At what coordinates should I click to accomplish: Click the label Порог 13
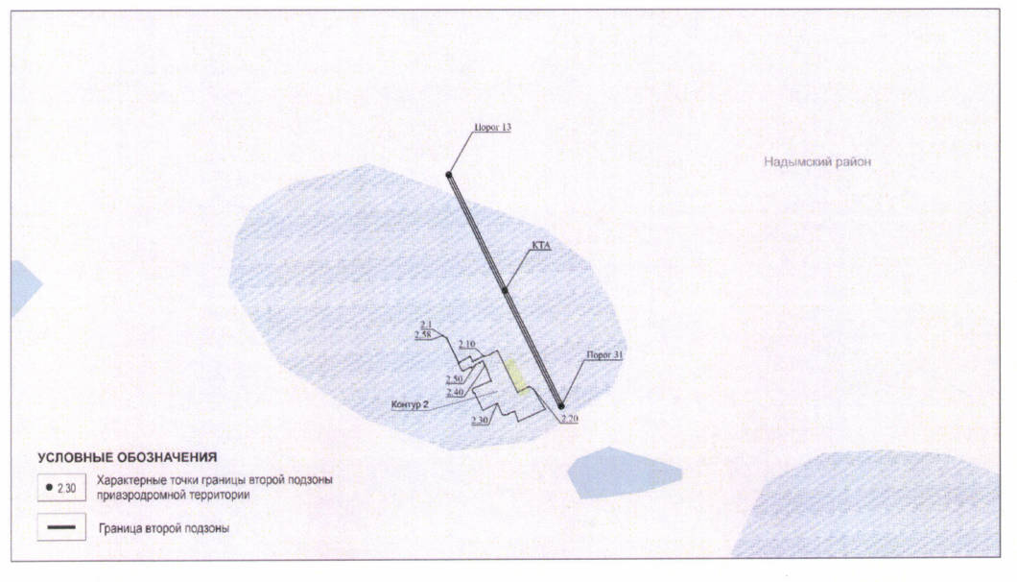pyautogui.click(x=492, y=128)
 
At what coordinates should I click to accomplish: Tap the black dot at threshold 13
pyautogui.click(x=449, y=175)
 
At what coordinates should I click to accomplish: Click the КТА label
pyautogui.click(x=541, y=246)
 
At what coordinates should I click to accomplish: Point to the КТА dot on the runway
pyautogui.click(x=505, y=290)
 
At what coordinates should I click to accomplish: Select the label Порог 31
pyautogui.click(x=604, y=355)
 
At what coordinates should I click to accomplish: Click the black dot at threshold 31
pyautogui.click(x=561, y=406)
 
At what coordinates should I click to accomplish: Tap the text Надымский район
pyautogui.click(x=817, y=161)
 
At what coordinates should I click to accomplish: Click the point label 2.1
pyautogui.click(x=425, y=324)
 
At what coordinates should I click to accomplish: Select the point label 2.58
pyautogui.click(x=423, y=334)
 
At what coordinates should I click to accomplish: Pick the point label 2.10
pyautogui.click(x=467, y=344)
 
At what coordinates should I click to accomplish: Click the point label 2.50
pyautogui.click(x=455, y=379)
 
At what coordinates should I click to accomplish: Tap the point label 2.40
pyautogui.click(x=456, y=393)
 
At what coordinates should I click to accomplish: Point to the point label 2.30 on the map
pyautogui.click(x=480, y=421)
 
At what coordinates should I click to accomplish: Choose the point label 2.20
pyautogui.click(x=570, y=419)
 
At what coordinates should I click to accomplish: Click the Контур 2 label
pyautogui.click(x=410, y=404)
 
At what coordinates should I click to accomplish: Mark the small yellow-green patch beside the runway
pyautogui.click(x=517, y=376)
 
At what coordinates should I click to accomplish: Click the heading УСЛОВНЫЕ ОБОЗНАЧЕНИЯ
pyautogui.click(x=127, y=457)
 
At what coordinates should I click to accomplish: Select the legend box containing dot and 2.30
pyautogui.click(x=61, y=488)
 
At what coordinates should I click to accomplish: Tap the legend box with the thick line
pyautogui.click(x=61, y=527)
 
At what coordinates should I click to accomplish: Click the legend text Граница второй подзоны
pyautogui.click(x=164, y=528)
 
